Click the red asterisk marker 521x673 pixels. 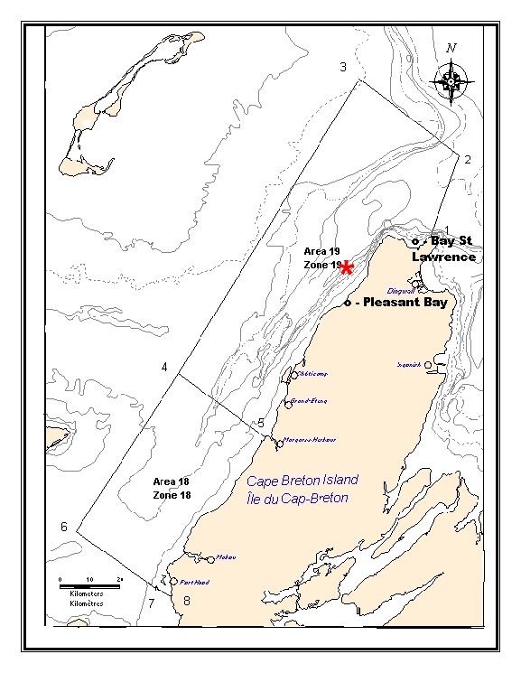(346, 266)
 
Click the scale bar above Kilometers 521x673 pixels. (90, 584)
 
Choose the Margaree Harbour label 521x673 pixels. (311, 440)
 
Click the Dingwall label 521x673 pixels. (399, 291)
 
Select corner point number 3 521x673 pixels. (342, 67)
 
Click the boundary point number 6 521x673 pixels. (64, 527)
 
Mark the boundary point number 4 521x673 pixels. (164, 366)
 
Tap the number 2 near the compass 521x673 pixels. (468, 159)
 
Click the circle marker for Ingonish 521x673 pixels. (428, 365)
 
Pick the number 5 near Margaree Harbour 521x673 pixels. (261, 422)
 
